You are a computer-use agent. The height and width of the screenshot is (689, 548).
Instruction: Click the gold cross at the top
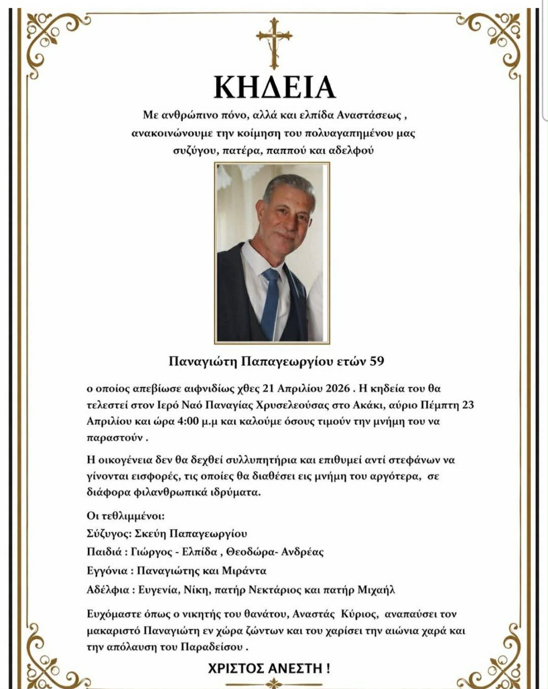tap(274, 43)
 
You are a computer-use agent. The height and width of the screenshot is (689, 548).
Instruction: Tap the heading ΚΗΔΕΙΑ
tap(274, 87)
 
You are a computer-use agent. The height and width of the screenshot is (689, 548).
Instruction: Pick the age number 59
tap(376, 361)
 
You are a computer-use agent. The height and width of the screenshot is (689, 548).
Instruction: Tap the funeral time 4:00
tap(188, 421)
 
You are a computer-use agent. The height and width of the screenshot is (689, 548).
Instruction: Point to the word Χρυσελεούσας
tap(292, 405)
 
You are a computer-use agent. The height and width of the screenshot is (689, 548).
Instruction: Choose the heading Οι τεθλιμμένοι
tap(125, 516)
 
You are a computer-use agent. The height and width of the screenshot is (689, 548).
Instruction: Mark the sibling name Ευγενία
tap(158, 590)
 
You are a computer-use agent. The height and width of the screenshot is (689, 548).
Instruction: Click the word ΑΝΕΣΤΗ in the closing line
tap(295, 668)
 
